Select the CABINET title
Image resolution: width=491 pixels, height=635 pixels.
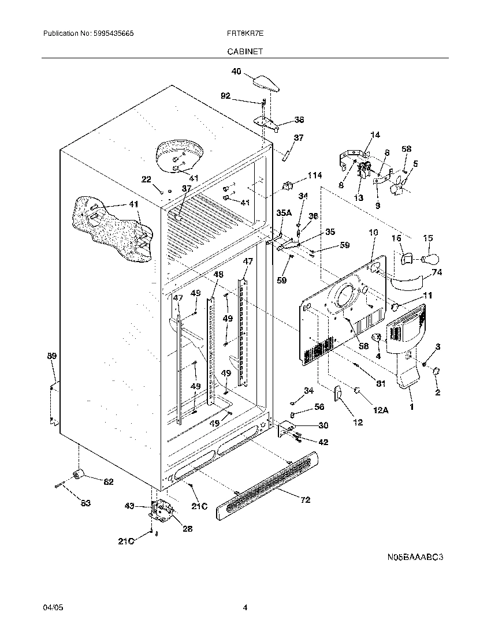click(244, 51)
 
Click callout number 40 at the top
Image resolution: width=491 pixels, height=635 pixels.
click(236, 72)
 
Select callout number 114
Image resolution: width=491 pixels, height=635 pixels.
click(314, 175)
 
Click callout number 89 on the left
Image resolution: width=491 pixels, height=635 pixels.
click(51, 357)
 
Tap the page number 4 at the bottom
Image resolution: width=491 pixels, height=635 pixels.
click(245, 607)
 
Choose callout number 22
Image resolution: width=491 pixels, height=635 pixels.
click(147, 179)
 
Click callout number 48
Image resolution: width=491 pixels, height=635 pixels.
click(218, 275)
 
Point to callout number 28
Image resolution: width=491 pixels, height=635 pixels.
click(188, 528)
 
